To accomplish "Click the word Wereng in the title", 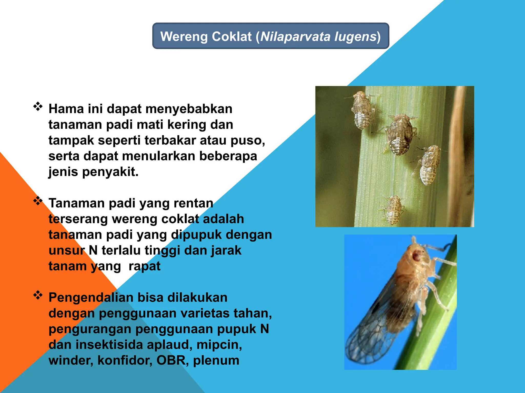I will [x=184, y=37].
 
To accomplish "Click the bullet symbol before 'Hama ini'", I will [x=38, y=106].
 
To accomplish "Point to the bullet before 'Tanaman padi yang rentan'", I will [x=38, y=201].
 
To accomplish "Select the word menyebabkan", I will [x=189, y=109].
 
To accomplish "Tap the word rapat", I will [x=144, y=266].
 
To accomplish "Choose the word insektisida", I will [x=109, y=345].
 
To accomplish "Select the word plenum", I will [x=216, y=361].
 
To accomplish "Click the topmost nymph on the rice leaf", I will [x=362, y=110].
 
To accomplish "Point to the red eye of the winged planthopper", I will [x=417, y=255].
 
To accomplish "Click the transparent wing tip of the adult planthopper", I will [x=359, y=351].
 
